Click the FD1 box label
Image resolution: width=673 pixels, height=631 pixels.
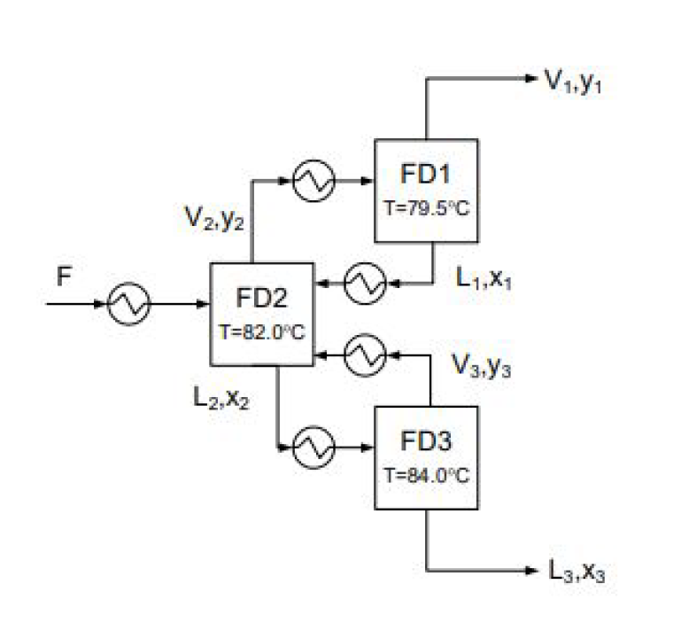pos(426,172)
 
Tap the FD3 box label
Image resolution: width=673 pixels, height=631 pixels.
pos(426,440)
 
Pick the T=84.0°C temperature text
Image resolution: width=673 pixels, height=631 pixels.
pos(426,473)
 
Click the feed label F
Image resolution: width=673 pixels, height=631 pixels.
pos(63,275)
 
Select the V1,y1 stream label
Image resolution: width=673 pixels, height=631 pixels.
pos(579,82)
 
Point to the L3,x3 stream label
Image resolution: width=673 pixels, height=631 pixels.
pos(578,573)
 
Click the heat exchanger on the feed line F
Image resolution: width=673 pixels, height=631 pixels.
pos(129,306)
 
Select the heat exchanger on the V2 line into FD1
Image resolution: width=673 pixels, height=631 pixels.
pos(313,181)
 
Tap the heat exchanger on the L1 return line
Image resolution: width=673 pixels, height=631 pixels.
pos(363,284)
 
